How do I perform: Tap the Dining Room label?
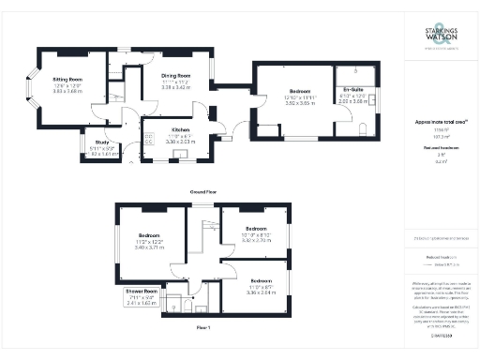[x=176, y=75]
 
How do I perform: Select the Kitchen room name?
[x=182, y=130]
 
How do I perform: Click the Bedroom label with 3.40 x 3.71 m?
[x=150, y=235]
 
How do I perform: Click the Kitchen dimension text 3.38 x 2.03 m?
[x=182, y=142]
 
